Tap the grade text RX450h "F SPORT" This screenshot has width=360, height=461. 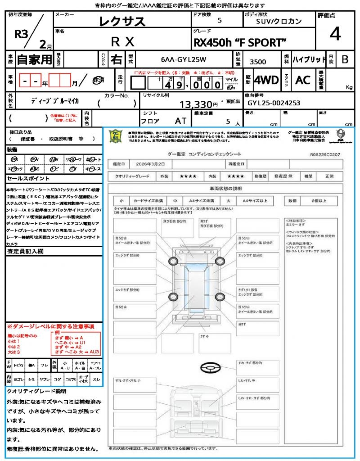coord(239,42)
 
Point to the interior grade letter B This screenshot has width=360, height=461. coord(345,59)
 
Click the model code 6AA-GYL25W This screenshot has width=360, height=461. coord(183,59)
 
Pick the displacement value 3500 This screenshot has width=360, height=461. coord(257,62)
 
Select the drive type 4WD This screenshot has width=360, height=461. coord(266,80)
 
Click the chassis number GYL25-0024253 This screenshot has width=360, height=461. coord(274,103)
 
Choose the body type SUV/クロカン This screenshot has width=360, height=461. coord(279,22)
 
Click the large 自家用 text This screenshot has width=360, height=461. coord(34,59)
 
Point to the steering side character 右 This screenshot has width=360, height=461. coord(116,59)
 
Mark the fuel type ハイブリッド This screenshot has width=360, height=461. coord(309,59)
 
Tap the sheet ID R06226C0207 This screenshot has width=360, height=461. coord(325,154)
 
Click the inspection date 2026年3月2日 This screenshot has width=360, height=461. coord(152,164)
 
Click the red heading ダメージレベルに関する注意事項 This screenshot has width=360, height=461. coord(50,326)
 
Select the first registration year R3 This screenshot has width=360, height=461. coord(20,34)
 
